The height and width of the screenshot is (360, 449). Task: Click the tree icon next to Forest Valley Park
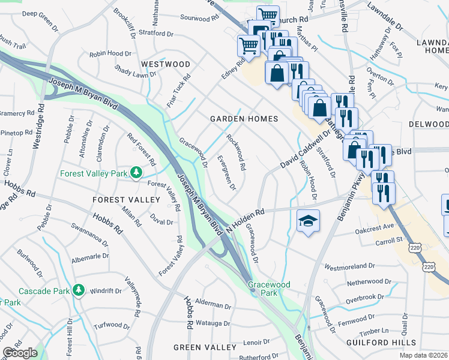click(x=137, y=173)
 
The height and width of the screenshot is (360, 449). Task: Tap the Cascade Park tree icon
click(x=78, y=290)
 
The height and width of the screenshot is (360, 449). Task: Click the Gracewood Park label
click(x=270, y=289)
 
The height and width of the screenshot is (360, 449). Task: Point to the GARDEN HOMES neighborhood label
click(x=244, y=119)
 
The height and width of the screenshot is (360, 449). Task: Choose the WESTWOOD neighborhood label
click(x=165, y=64)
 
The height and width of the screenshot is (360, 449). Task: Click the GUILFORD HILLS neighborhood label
click(x=373, y=342)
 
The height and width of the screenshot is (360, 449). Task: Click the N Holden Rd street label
click(x=247, y=220)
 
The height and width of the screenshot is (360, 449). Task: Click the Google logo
click(x=20, y=353)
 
